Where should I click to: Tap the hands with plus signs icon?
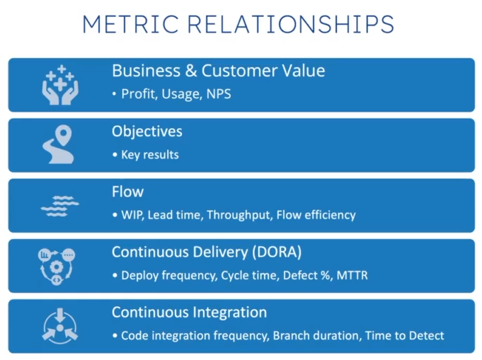click(x=59, y=85)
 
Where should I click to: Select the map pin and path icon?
click(x=59, y=144)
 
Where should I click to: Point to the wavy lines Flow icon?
click(x=59, y=205)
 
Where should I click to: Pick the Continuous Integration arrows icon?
click(x=59, y=325)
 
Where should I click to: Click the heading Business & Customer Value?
click(x=218, y=71)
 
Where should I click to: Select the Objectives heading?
click(x=147, y=132)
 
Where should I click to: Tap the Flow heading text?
click(x=127, y=192)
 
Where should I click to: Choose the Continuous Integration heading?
click(x=189, y=312)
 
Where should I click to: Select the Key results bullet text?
click(x=149, y=154)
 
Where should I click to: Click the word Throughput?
click(x=238, y=215)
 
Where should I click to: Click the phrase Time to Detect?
click(x=404, y=335)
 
